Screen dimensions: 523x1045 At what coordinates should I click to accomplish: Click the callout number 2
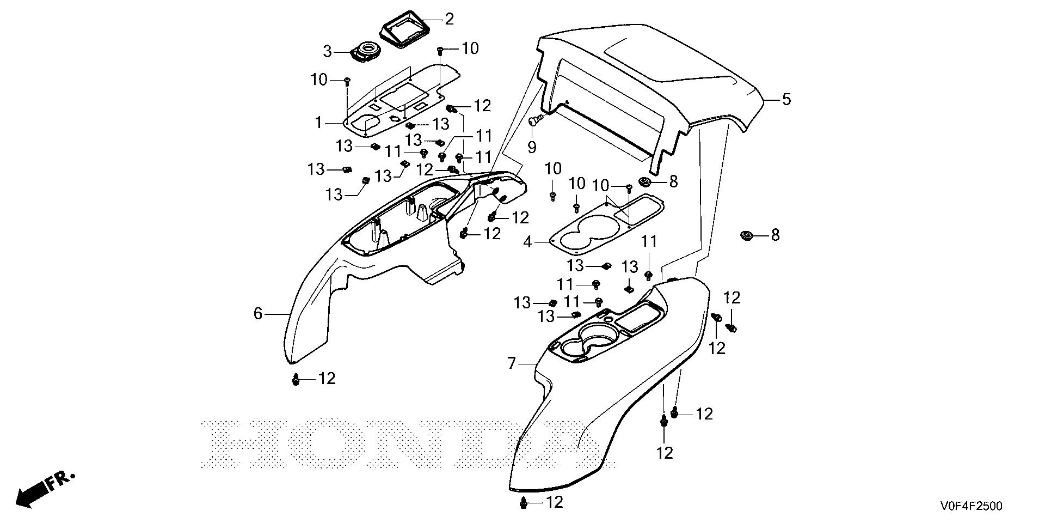pos(449,20)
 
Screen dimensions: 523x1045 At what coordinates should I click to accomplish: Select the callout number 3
pos(327,52)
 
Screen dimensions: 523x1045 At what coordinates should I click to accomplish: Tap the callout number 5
pos(786,100)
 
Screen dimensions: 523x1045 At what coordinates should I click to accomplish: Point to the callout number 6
pos(258,313)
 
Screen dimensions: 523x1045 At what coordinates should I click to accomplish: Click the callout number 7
pos(511,363)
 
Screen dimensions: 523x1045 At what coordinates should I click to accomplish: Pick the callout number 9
pos(532,147)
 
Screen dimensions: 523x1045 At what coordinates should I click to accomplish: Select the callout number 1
pos(318,123)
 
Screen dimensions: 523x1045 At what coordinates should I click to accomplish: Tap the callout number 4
pos(527,241)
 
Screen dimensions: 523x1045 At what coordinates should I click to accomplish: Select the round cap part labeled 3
pos(366,52)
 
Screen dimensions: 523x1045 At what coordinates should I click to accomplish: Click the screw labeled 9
pos(536,120)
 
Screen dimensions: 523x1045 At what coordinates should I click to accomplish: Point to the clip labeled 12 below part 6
pos(296,379)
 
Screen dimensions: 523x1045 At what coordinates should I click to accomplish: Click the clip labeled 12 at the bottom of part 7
pos(524,504)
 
